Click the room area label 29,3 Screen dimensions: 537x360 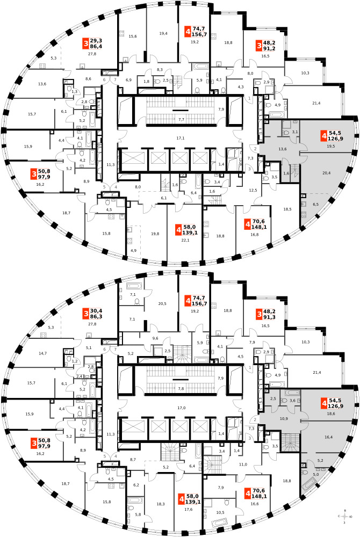[x=97, y=40]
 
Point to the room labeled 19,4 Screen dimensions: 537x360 [x=164, y=33]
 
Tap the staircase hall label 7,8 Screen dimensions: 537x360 [x=181, y=388]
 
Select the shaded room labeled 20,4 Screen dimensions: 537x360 [x=326, y=173]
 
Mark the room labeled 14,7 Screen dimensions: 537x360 [x=42, y=353]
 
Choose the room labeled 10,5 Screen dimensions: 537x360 [x=220, y=512]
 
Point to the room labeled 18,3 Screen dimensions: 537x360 [x=160, y=504]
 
